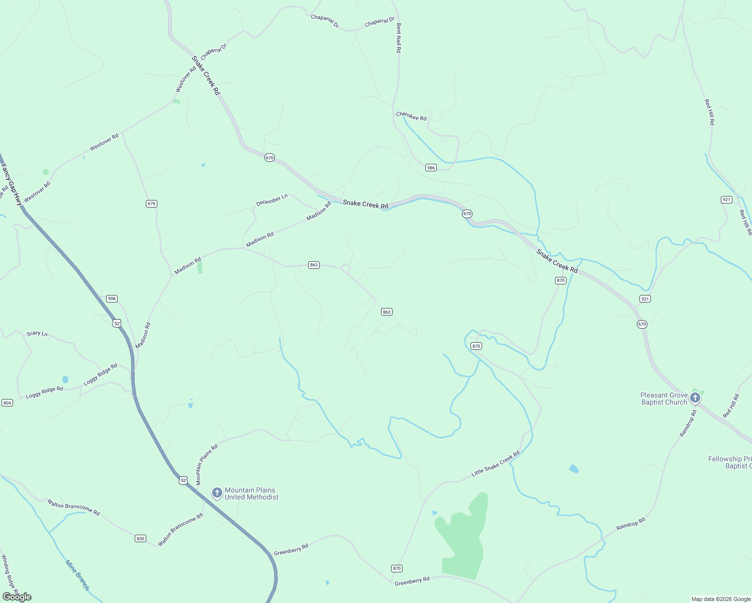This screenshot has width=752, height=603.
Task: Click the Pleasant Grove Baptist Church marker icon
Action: click(x=695, y=398)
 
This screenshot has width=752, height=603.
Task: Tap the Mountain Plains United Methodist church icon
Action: click(x=217, y=493)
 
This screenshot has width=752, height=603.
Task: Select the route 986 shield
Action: click(x=431, y=167)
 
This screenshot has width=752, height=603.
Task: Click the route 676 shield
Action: click(x=152, y=204)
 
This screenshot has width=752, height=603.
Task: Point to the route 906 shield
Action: click(x=112, y=298)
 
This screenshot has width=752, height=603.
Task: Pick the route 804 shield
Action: click(x=7, y=403)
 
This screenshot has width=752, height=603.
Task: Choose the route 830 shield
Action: click(x=140, y=539)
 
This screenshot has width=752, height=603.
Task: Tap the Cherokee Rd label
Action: click(x=411, y=116)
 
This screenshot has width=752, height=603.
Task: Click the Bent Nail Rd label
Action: click(x=399, y=38)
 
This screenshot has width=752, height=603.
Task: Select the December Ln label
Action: click(x=272, y=200)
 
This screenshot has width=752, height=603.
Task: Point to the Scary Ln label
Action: click(x=37, y=334)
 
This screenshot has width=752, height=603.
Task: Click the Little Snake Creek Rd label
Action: click(x=496, y=464)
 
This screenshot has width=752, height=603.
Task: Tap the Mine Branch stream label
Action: click(x=77, y=575)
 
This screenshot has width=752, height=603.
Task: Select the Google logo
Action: click(x=17, y=597)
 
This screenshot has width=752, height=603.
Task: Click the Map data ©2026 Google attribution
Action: click(x=720, y=599)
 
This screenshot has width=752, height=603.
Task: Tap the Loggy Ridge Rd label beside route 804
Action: click(x=45, y=392)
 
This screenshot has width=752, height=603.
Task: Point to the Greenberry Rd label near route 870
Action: click(x=412, y=581)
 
